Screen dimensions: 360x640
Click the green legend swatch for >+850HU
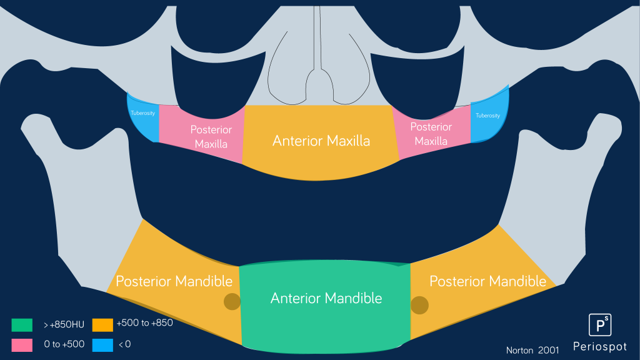[x=22, y=325]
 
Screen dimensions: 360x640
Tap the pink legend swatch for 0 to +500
[x=22, y=344]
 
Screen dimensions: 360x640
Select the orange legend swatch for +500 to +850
[x=102, y=325]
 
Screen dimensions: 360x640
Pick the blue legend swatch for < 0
[x=102, y=344]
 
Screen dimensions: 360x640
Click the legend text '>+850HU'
[x=64, y=325]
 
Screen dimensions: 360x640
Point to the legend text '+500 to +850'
[x=144, y=323]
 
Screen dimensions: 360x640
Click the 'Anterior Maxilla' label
[x=321, y=141]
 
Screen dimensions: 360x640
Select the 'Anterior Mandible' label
[x=326, y=298]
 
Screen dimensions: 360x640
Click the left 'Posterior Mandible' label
[x=174, y=281]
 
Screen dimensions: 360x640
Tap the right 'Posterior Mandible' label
[x=487, y=281]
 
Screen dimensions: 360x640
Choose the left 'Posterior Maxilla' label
[x=211, y=137]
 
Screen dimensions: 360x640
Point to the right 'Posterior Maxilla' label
[x=431, y=134]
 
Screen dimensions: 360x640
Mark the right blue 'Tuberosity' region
[x=489, y=119]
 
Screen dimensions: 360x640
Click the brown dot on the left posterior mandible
[x=232, y=301]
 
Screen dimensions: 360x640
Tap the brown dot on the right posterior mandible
[x=419, y=305]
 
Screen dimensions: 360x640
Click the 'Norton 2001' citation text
[x=532, y=350]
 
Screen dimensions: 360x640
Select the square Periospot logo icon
[x=599, y=325]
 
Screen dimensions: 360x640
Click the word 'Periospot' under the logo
[x=599, y=346]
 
